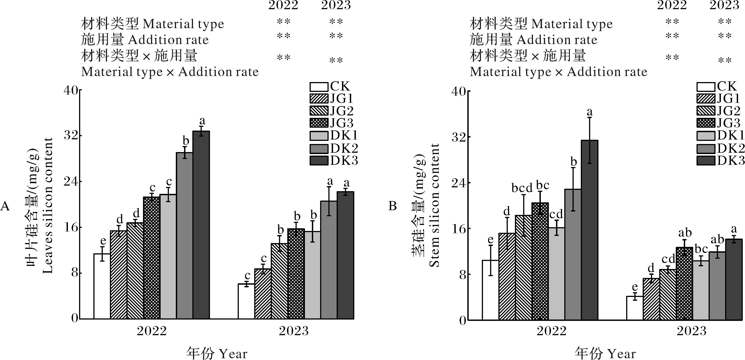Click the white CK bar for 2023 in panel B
pos(634,308)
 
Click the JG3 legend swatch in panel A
pos(319,123)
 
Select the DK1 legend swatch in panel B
pos(706,136)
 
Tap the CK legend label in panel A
pos(340,86)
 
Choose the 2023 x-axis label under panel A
pos(294,330)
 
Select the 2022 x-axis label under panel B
pos(551,331)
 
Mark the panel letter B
pos(392,206)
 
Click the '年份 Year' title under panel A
pos(217,353)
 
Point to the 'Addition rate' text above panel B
pos(557,40)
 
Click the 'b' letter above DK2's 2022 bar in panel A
pos(186,141)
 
